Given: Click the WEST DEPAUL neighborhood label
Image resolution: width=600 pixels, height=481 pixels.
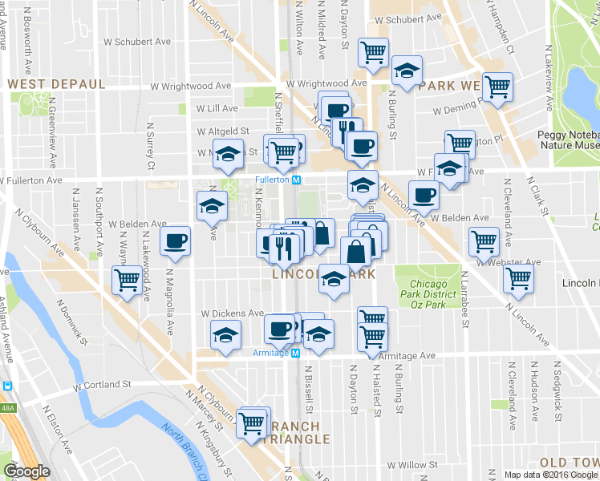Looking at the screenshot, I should click(x=55, y=84).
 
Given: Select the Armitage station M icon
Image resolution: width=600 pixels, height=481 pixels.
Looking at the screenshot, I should click(x=294, y=353).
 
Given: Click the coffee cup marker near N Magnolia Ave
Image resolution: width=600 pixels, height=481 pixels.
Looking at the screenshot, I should click(x=175, y=240).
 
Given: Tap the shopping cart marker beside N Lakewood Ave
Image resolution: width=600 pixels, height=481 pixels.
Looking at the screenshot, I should click(x=127, y=281).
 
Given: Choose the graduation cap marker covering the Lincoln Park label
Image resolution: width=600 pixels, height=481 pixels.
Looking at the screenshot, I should click(x=334, y=277).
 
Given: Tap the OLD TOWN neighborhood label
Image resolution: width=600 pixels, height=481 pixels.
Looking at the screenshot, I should click(x=569, y=463).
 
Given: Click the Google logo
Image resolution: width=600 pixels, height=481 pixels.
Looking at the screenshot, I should click(x=26, y=471).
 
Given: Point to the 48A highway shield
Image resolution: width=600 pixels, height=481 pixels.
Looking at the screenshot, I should click(x=6, y=408).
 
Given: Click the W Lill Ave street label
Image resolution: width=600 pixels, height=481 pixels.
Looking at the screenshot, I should click(x=217, y=108).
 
